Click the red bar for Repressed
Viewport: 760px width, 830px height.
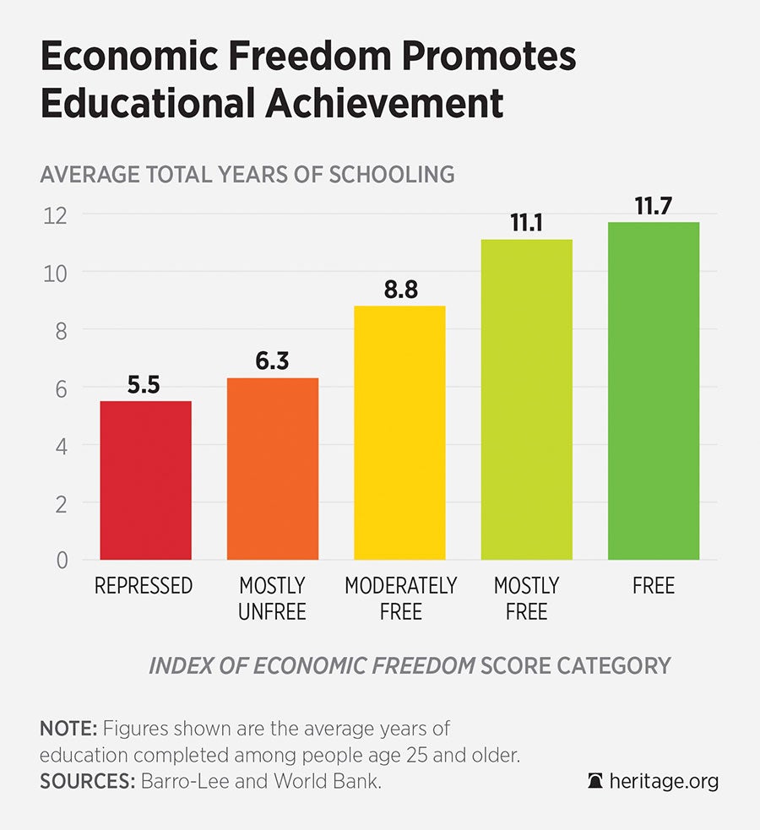pyautogui.click(x=145, y=480)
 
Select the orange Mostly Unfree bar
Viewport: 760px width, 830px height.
pyautogui.click(x=272, y=469)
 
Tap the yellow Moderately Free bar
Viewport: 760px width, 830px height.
pyautogui.click(x=399, y=432)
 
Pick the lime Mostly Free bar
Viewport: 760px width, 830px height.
pyautogui.click(x=526, y=399)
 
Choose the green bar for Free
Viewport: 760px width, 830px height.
pyautogui.click(x=654, y=391)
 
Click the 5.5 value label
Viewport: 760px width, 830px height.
pyautogui.click(x=145, y=386)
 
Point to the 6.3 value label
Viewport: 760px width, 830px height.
pyautogui.click(x=272, y=362)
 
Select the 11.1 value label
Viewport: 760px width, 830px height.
pyautogui.click(x=526, y=224)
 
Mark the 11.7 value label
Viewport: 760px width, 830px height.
pyautogui.click(x=654, y=206)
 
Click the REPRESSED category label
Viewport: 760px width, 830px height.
pyautogui.click(x=144, y=585)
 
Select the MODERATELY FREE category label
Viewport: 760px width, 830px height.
pyautogui.click(x=400, y=597)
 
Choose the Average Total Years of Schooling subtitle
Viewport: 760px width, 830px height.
pyautogui.click(x=247, y=175)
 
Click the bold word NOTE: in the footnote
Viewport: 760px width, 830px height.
pyautogui.click(x=65, y=728)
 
